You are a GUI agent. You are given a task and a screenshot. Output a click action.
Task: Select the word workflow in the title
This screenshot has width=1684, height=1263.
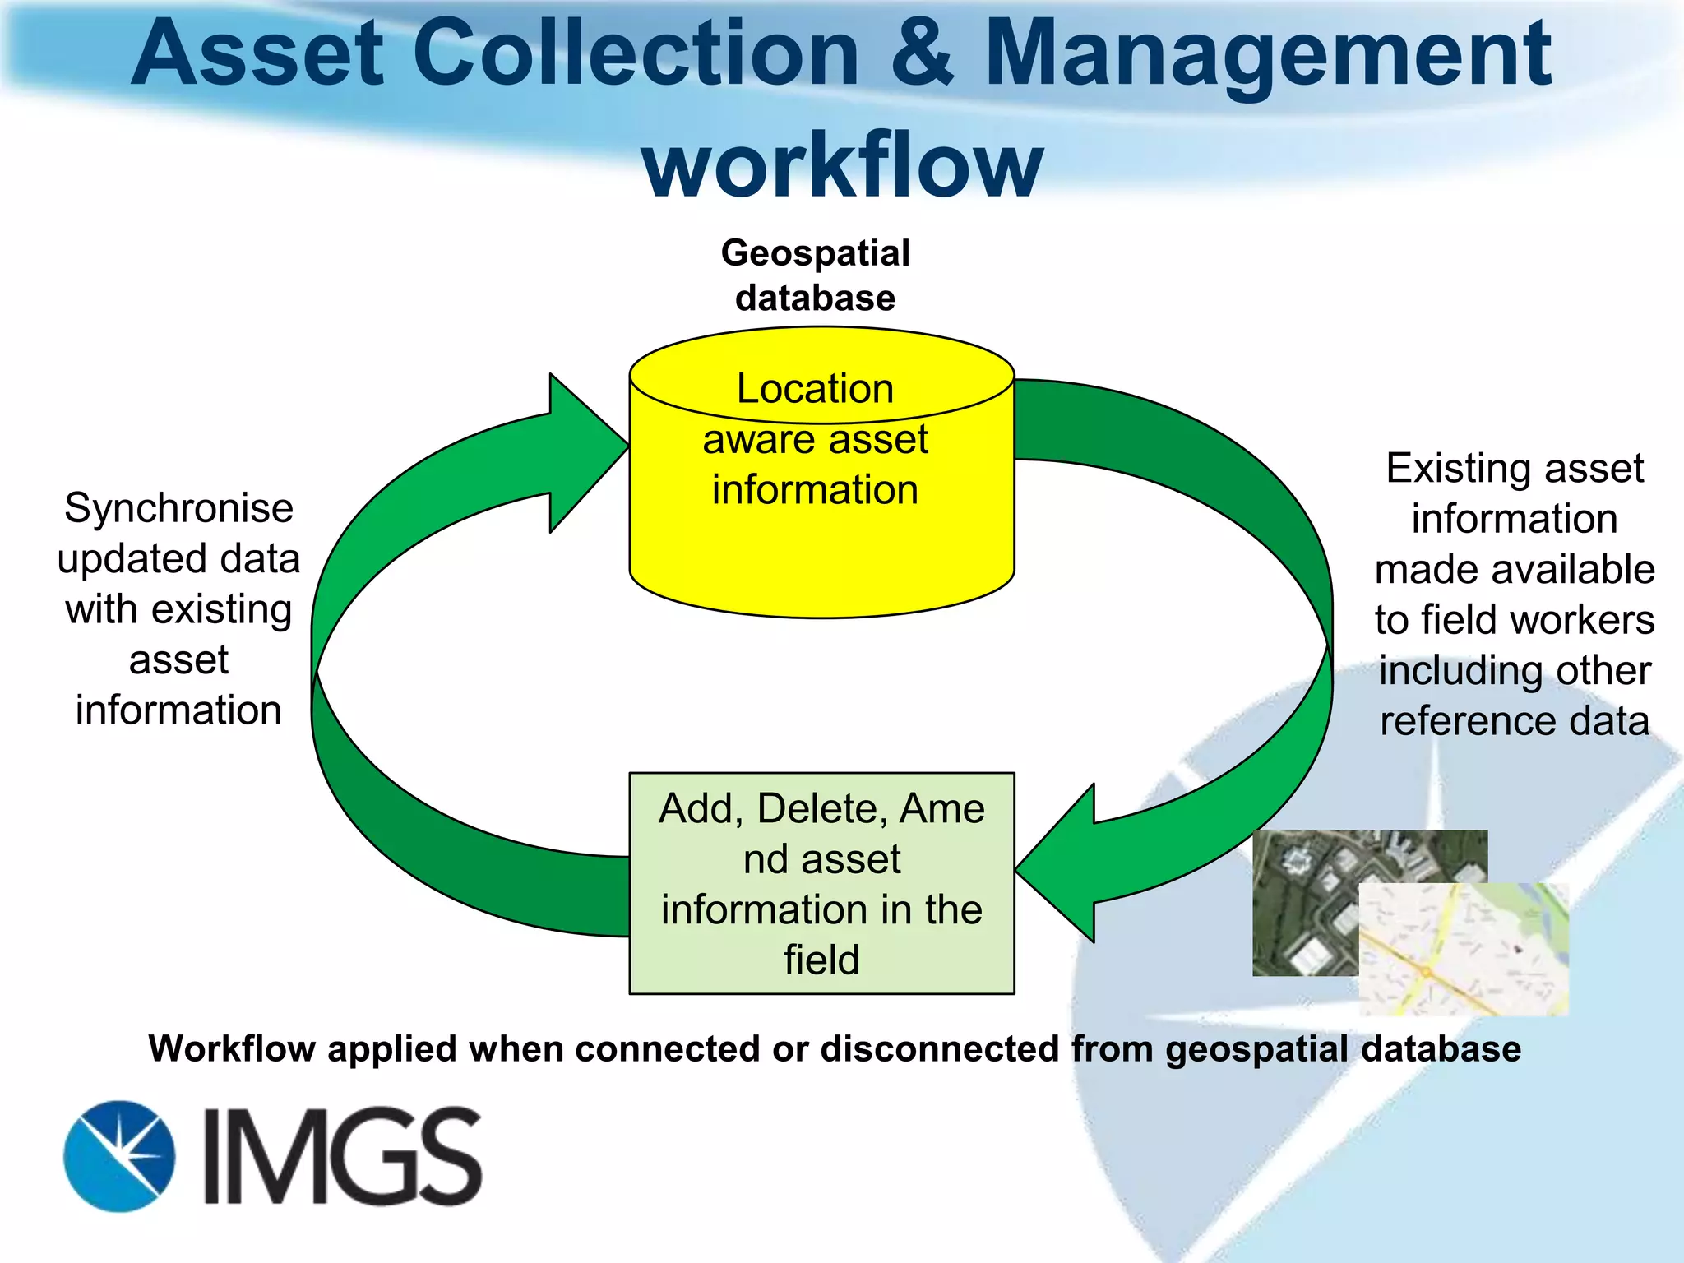842,164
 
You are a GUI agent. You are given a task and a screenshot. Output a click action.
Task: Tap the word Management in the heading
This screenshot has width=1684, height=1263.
1266,56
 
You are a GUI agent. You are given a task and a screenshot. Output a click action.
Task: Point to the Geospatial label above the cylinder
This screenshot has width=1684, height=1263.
815,253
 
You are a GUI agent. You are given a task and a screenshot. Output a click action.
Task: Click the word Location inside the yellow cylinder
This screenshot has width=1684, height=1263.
815,388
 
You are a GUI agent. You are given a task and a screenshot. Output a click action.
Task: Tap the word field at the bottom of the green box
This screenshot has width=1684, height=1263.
821,960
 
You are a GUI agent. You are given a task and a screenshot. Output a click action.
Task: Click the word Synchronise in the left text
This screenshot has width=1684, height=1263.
178,508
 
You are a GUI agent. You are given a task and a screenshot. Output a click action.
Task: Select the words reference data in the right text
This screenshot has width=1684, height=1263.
1514,721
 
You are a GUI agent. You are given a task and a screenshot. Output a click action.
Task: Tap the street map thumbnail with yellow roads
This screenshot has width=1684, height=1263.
1464,954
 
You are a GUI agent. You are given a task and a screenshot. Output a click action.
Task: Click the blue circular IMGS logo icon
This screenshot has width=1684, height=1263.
119,1156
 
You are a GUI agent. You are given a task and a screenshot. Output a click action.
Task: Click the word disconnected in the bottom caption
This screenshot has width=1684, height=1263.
940,1049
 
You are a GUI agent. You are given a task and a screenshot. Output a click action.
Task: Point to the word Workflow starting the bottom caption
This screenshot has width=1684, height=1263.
232,1049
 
